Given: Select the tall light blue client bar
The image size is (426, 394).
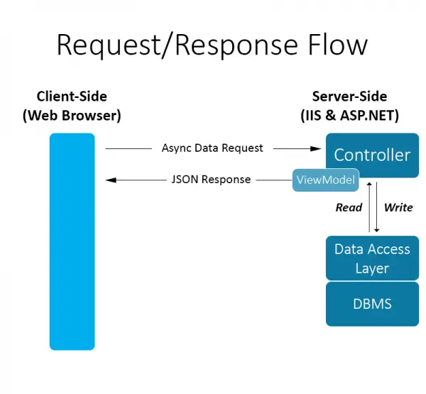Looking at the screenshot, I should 72,241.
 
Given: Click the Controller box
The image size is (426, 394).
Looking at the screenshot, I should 372,154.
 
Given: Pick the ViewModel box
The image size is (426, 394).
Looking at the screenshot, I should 324,180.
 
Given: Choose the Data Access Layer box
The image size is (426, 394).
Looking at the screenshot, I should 372,258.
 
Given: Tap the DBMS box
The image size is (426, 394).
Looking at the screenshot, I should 372,304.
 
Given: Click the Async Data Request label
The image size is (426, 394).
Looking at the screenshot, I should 212,148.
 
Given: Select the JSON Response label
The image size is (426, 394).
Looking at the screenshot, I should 211,180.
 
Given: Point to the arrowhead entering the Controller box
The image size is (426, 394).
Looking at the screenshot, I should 317,148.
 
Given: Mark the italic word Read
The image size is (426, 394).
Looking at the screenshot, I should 349,207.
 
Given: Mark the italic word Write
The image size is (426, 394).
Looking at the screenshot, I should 398,207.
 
